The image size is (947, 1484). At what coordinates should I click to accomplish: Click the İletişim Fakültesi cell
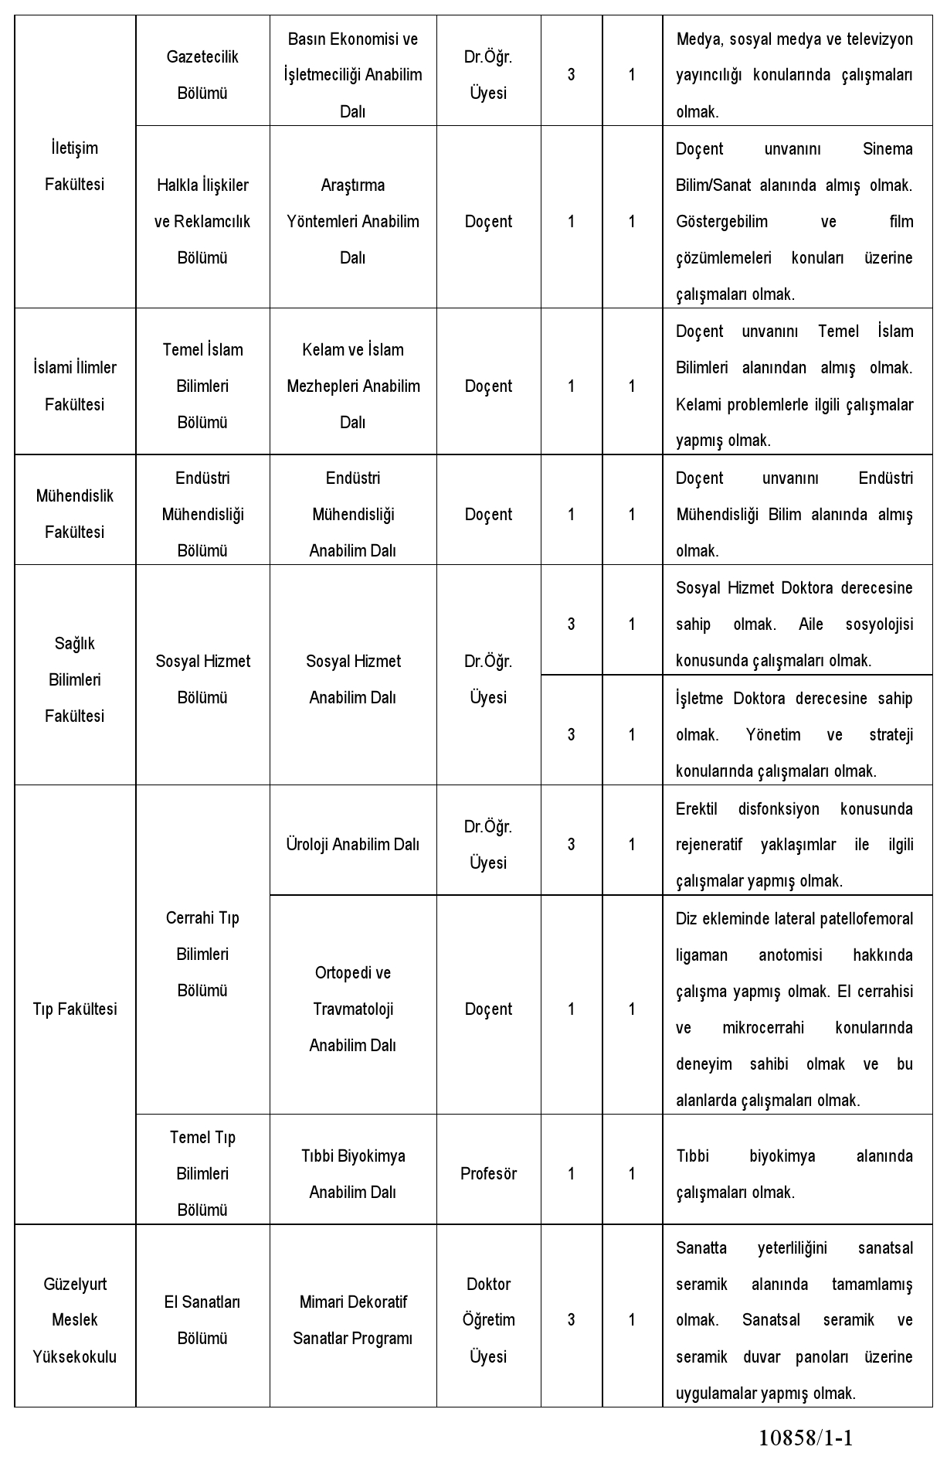tap(74, 166)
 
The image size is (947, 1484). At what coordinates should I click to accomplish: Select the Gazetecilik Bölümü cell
tap(202, 75)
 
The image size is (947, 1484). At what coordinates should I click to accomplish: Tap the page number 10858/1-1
tap(806, 1437)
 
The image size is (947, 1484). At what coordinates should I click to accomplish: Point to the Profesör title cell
tap(488, 1173)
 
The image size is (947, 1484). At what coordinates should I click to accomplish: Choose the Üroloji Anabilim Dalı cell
tap(353, 844)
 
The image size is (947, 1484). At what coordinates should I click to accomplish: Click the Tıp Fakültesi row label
tap(74, 1009)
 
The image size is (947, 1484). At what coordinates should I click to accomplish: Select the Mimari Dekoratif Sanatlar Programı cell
tap(353, 1320)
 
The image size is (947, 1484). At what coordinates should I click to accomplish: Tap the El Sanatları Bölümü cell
tap(202, 1320)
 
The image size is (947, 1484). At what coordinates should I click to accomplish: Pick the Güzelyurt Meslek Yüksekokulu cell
tap(74, 1320)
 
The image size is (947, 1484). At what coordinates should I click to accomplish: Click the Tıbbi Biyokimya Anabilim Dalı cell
tap(353, 1173)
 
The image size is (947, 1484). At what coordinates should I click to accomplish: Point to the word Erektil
tap(696, 808)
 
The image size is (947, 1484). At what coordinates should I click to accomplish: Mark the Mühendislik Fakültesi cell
tap(74, 514)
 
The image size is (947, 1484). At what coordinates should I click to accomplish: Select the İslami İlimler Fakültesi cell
tap(74, 386)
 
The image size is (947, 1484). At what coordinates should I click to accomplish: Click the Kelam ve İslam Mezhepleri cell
tap(353, 386)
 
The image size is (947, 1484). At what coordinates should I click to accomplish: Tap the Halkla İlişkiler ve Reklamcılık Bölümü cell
tap(202, 221)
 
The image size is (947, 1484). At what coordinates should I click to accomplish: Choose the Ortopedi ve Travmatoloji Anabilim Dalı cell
tap(353, 1009)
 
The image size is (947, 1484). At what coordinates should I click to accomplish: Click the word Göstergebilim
tap(721, 222)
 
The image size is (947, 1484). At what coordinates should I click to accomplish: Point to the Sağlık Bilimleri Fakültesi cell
tap(74, 679)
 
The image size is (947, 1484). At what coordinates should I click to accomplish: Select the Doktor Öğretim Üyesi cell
tap(488, 1320)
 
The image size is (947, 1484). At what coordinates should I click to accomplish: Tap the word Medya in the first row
tap(697, 39)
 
